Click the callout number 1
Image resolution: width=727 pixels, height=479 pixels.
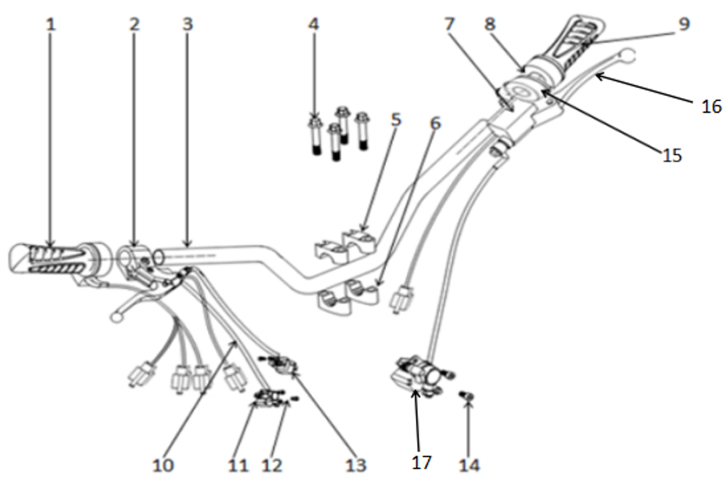tap(49, 23)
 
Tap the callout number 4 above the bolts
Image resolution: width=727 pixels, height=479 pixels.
tap(313, 23)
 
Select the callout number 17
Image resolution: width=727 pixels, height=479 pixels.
tap(422, 462)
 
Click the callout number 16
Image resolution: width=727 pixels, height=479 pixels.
tap(711, 107)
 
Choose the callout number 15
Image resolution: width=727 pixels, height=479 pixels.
tap(672, 155)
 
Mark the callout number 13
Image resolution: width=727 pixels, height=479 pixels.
tap(356, 464)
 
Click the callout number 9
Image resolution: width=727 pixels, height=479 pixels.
tap(683, 23)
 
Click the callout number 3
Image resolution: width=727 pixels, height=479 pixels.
tap(188, 23)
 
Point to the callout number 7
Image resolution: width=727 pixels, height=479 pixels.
tap(450, 23)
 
